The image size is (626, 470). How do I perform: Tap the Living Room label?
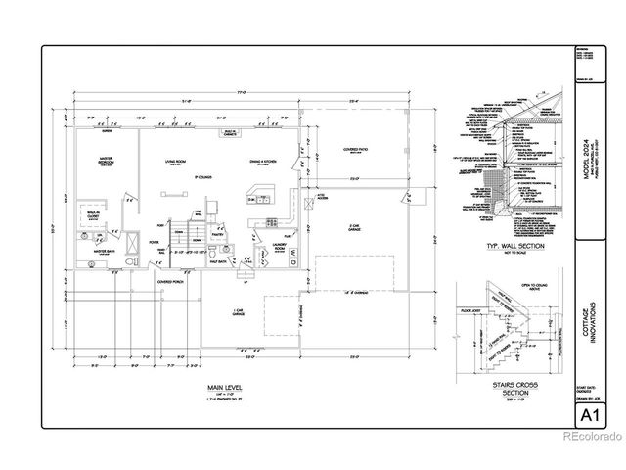click(177, 164)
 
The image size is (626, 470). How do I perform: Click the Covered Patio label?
click(355, 150)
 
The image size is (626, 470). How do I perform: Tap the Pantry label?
click(218, 235)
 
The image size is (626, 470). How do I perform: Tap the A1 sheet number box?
click(590, 417)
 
